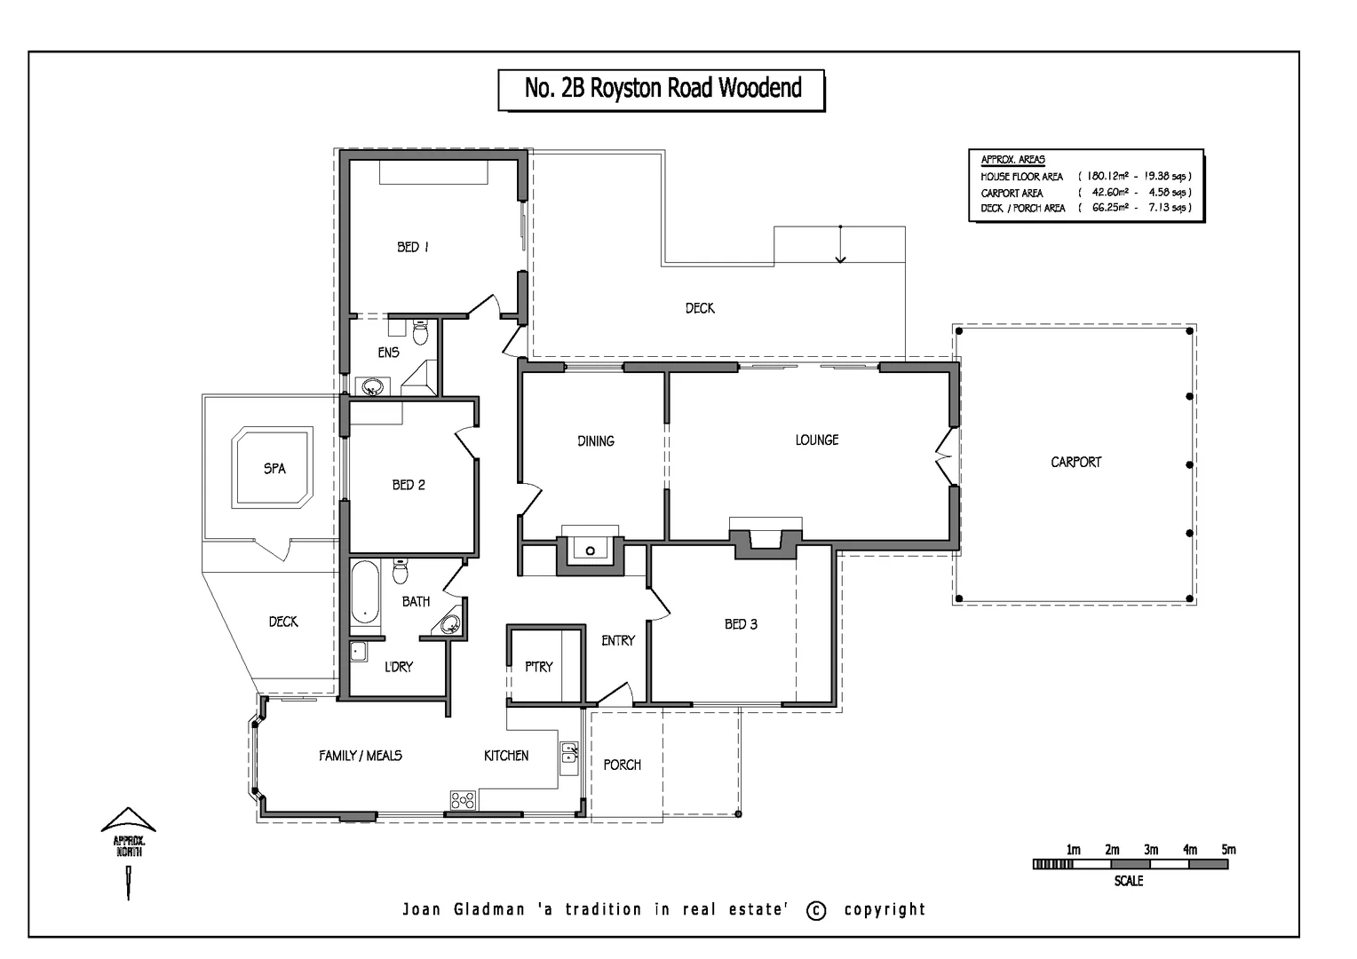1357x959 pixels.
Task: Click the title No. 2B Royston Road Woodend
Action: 663,89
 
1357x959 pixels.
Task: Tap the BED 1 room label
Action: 413,247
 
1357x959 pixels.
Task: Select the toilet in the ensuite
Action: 421,332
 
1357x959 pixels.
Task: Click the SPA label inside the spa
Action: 274,468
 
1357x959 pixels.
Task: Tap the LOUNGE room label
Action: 816,440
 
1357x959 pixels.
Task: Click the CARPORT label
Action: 1075,462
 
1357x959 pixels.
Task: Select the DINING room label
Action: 595,440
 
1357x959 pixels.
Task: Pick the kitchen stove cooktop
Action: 463,799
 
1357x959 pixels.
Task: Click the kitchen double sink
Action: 568,754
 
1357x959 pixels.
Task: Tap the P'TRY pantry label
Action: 538,666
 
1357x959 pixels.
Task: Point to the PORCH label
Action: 622,765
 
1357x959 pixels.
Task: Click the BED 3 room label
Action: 741,624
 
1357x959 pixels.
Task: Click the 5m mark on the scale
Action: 1228,850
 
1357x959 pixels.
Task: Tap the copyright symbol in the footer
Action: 816,910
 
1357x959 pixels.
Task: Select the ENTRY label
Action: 617,640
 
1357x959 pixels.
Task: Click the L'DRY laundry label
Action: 398,666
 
